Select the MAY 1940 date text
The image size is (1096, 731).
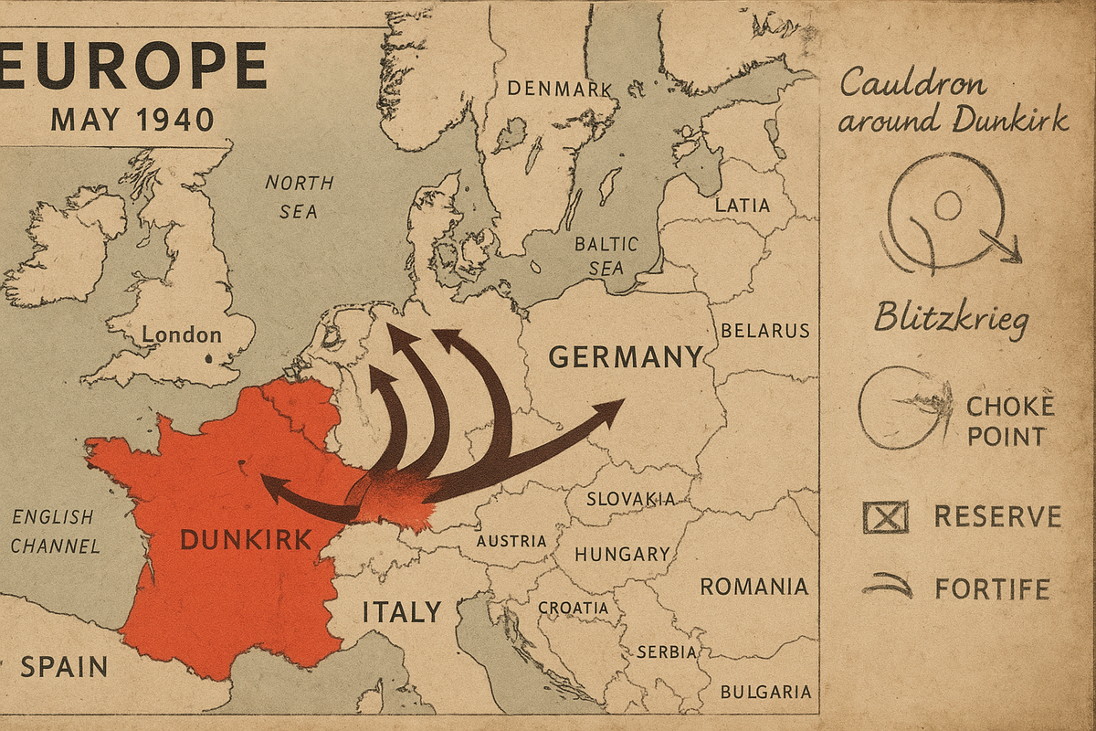pos(132,119)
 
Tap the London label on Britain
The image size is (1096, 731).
pos(182,334)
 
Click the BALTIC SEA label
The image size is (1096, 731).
pos(606,256)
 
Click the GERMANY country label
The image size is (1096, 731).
pos(626,356)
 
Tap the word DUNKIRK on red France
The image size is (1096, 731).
pos(247,540)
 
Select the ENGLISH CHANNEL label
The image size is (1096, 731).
pos(55,531)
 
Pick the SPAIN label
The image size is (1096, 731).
pos(64,666)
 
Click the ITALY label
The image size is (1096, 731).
pos(402,611)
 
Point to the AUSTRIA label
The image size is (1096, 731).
pos(511,541)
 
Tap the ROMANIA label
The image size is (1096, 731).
pos(753,587)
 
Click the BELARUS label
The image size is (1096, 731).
pos(764,331)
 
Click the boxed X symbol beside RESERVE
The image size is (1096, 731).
pos(885,517)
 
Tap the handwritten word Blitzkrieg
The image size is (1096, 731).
pos(951,319)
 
